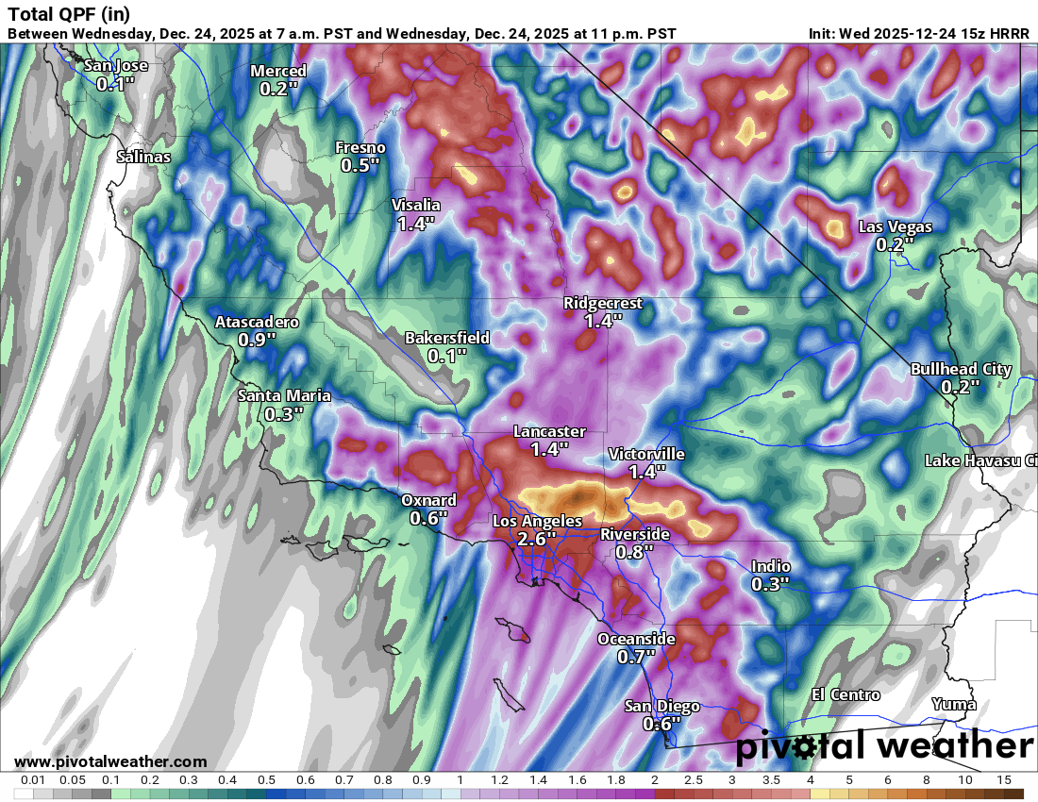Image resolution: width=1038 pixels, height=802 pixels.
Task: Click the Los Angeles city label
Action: click(537, 521)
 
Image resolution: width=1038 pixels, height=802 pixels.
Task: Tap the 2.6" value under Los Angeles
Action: click(537, 539)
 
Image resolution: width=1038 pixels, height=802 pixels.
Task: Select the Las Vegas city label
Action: click(895, 226)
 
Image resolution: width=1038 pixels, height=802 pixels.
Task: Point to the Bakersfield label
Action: click(447, 338)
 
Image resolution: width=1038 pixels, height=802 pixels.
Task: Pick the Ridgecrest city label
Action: click(603, 303)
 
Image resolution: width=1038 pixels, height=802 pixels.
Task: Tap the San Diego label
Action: click(662, 707)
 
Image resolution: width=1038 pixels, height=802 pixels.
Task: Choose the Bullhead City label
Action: click(961, 369)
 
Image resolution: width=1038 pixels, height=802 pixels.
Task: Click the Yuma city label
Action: click(953, 704)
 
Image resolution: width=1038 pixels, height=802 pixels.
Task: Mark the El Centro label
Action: click(846, 695)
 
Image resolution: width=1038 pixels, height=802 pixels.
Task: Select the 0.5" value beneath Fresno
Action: click(360, 166)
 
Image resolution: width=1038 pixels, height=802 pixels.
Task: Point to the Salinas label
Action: click(143, 157)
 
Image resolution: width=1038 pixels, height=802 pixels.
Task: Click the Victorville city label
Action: click(646, 454)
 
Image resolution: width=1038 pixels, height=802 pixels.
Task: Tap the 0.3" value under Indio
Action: click(771, 585)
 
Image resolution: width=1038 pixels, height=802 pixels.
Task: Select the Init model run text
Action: click(920, 33)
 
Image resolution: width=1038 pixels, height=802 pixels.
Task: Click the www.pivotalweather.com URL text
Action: click(110, 761)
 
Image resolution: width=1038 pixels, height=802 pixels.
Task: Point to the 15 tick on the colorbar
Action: click(1003, 780)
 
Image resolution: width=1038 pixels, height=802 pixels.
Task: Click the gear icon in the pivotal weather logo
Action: click(805, 748)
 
